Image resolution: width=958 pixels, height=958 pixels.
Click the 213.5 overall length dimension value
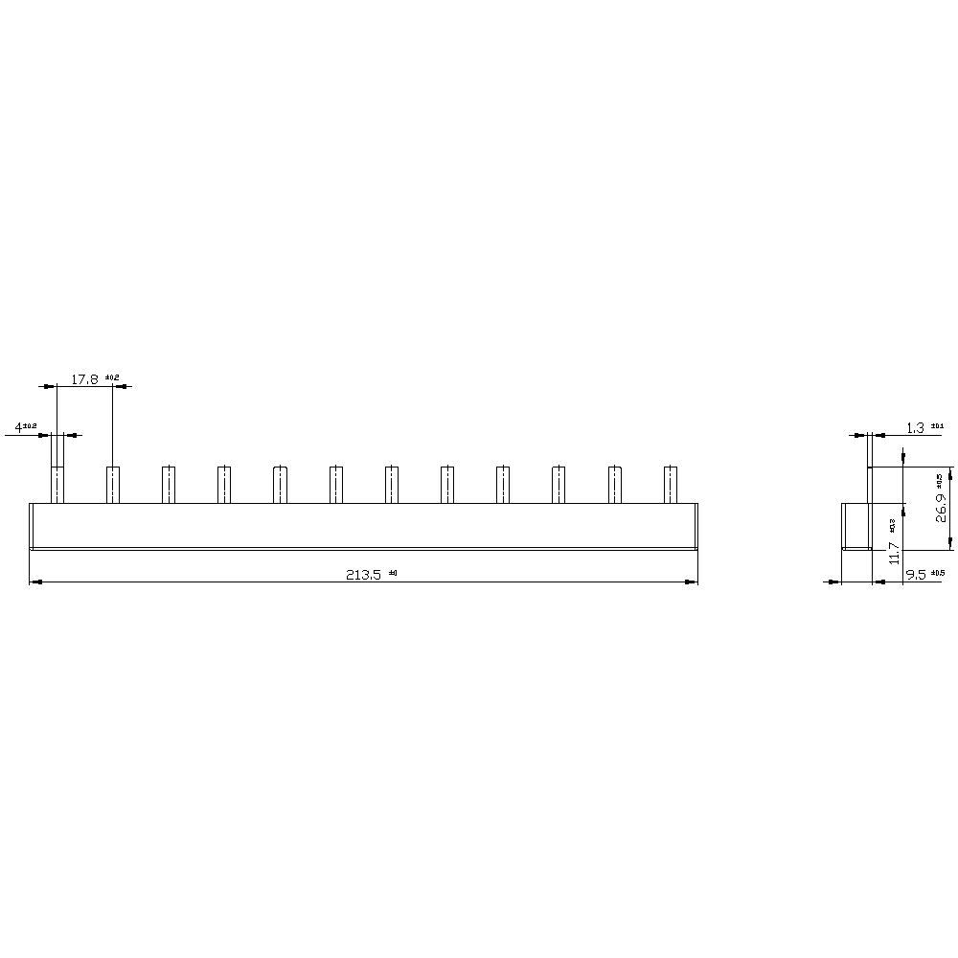pyautogui.click(x=363, y=575)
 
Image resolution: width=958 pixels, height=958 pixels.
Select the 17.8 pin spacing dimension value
pyautogui.click(x=85, y=379)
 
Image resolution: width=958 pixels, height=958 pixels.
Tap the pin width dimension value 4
pyautogui.click(x=18, y=426)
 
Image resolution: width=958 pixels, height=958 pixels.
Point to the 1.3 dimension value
pyautogui.click(x=915, y=428)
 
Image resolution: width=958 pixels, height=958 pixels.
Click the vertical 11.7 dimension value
pyautogui.click(x=894, y=552)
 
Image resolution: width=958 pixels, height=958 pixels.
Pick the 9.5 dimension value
pyautogui.click(x=916, y=575)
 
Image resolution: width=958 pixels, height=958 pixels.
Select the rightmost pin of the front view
pyautogui.click(x=671, y=484)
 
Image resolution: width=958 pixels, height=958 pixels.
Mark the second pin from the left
pyautogui.click(x=113, y=484)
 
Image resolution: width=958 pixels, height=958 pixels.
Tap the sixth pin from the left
pyautogui.click(x=336, y=484)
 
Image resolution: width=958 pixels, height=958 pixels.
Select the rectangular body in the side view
pyautogui.click(x=855, y=526)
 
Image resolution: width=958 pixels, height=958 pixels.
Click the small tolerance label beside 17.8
pyautogui.click(x=111, y=377)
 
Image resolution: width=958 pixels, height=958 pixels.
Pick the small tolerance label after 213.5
pyautogui.click(x=393, y=572)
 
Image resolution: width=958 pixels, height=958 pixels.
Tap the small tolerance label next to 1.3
pyautogui.click(x=937, y=425)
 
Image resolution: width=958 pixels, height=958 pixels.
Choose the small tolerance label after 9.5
pyautogui.click(x=938, y=573)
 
